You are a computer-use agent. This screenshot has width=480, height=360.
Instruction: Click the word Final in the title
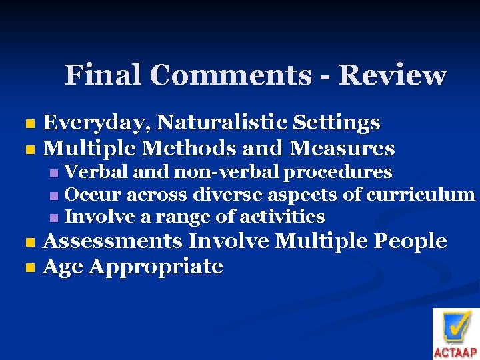tap(94, 75)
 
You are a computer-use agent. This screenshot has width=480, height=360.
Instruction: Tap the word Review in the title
tap(393, 75)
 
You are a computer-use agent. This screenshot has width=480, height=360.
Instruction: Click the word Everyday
tap(97, 123)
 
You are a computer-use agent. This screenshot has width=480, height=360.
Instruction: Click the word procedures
tap(339, 173)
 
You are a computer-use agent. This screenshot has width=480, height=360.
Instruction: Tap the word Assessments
tap(113, 241)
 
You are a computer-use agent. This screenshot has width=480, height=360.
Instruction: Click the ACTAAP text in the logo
tap(455, 353)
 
